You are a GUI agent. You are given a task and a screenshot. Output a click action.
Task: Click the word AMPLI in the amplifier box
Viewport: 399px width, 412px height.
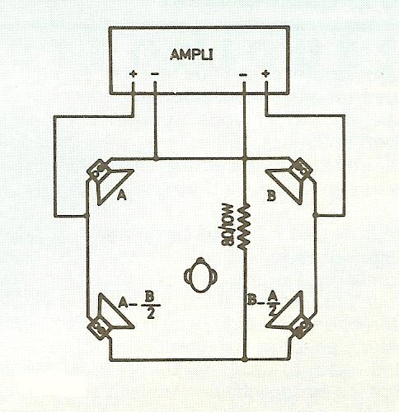click(x=191, y=54)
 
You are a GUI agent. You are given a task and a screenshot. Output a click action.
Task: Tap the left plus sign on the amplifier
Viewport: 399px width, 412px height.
click(x=134, y=73)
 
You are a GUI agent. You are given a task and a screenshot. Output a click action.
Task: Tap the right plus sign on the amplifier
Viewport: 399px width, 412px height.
click(x=265, y=73)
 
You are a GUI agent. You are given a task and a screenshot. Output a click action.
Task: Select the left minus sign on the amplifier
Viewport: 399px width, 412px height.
click(x=155, y=74)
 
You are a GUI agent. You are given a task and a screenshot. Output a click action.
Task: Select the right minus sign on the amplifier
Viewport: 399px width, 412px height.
click(x=243, y=74)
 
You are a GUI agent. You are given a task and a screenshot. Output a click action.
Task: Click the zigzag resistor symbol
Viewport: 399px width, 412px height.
click(x=245, y=227)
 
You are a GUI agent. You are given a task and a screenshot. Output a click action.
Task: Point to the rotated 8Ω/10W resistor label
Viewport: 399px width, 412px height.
click(x=228, y=223)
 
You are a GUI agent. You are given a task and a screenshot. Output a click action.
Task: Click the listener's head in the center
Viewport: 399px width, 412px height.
click(x=200, y=275)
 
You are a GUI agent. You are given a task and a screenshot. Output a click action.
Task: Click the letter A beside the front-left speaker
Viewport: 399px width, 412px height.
click(x=122, y=195)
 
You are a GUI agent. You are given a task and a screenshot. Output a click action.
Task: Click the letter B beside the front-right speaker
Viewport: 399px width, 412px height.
click(x=271, y=196)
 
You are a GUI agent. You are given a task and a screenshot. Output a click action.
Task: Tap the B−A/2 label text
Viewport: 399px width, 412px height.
click(x=264, y=302)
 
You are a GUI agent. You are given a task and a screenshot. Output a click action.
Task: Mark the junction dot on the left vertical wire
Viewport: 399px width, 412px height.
click(x=87, y=215)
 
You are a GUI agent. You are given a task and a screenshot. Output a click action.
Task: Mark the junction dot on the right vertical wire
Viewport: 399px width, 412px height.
click(x=316, y=214)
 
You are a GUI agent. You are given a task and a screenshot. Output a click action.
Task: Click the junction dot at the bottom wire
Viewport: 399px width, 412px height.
click(x=245, y=358)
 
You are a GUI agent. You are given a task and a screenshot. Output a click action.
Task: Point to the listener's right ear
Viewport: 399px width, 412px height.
click(x=214, y=276)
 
